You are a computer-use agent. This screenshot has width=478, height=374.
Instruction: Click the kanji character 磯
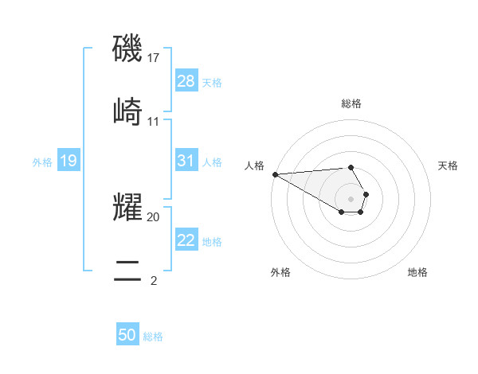click(x=127, y=49)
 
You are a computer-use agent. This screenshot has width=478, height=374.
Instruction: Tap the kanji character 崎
click(x=127, y=111)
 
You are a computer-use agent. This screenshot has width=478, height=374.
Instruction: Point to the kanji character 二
click(x=127, y=268)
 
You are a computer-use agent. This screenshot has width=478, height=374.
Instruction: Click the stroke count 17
click(x=154, y=58)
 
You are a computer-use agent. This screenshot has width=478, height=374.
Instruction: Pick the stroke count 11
click(x=154, y=122)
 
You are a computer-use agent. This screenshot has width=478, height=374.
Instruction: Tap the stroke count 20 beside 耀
click(x=154, y=216)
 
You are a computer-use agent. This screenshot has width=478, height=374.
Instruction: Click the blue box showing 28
click(x=186, y=81)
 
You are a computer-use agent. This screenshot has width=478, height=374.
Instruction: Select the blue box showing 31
click(x=186, y=161)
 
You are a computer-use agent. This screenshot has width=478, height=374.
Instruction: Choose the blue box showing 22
click(x=186, y=240)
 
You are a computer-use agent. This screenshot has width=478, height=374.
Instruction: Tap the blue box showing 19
click(x=69, y=162)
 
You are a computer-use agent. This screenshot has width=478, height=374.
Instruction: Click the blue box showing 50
click(x=127, y=336)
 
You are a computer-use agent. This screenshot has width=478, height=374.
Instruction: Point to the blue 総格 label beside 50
click(x=153, y=337)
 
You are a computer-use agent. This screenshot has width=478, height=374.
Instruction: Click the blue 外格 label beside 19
click(x=42, y=162)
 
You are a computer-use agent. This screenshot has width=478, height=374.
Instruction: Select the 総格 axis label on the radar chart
click(x=351, y=103)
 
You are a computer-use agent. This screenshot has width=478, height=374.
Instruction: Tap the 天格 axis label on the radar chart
click(x=449, y=166)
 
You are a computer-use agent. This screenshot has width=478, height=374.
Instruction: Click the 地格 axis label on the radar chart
click(x=417, y=272)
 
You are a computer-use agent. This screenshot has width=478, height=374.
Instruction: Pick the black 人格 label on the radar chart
click(x=254, y=166)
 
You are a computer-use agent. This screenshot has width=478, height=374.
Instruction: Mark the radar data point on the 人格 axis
click(x=274, y=174)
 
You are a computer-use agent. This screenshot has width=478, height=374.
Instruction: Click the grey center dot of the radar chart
click(x=351, y=198)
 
